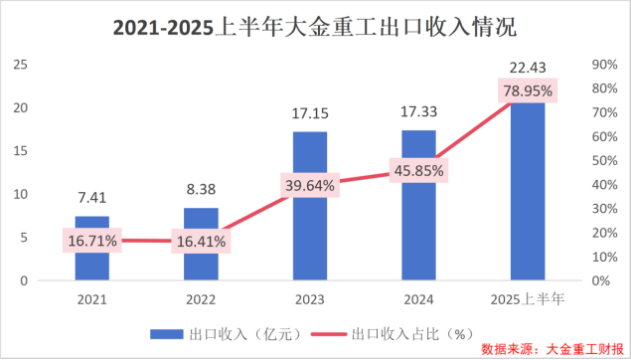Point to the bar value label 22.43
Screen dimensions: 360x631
pos(527,67)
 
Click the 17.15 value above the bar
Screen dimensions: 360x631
pos(309,114)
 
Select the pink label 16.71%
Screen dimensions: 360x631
pos(92,241)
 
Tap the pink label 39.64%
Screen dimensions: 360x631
pos(309,185)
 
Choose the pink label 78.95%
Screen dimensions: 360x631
pos(527,90)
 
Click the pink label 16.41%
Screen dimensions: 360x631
pos(201,241)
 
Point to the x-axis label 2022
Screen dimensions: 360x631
pos(201,297)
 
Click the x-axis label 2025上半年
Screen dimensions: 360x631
pos(527,297)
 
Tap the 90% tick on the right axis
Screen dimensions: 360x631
pos(604,65)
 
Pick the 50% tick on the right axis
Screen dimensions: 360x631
pos(604,161)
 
